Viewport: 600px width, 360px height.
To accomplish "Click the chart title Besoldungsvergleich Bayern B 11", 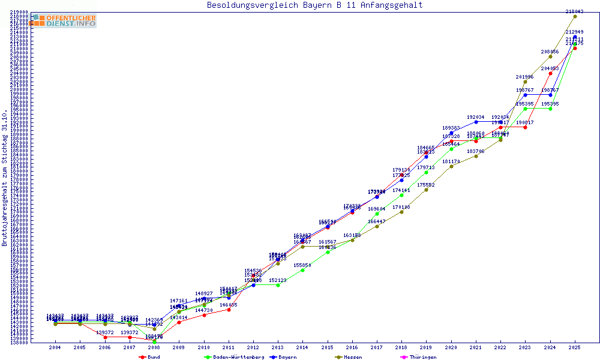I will (314, 5).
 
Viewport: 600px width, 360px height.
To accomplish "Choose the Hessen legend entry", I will (352, 357).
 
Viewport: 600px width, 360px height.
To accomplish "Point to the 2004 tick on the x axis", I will (55, 347).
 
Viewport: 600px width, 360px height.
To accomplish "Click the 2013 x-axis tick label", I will (278, 347).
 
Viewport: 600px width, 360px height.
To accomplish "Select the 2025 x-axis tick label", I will (575, 347).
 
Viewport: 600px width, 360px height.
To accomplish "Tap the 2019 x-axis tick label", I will (426, 347).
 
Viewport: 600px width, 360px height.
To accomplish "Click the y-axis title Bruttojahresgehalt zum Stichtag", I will (5, 178).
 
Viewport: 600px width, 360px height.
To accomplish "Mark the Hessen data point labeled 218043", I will (575, 16).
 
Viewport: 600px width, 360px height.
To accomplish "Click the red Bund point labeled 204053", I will (550, 73).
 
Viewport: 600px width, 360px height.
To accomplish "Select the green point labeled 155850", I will (302, 270).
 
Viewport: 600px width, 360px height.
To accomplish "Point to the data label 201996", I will (525, 77).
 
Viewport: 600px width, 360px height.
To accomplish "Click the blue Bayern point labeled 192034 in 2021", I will (476, 122).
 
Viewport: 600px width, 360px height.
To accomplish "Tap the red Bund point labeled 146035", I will (229, 310).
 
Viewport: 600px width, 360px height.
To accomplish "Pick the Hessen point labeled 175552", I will (426, 190).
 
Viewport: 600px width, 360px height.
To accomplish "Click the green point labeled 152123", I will (278, 285).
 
